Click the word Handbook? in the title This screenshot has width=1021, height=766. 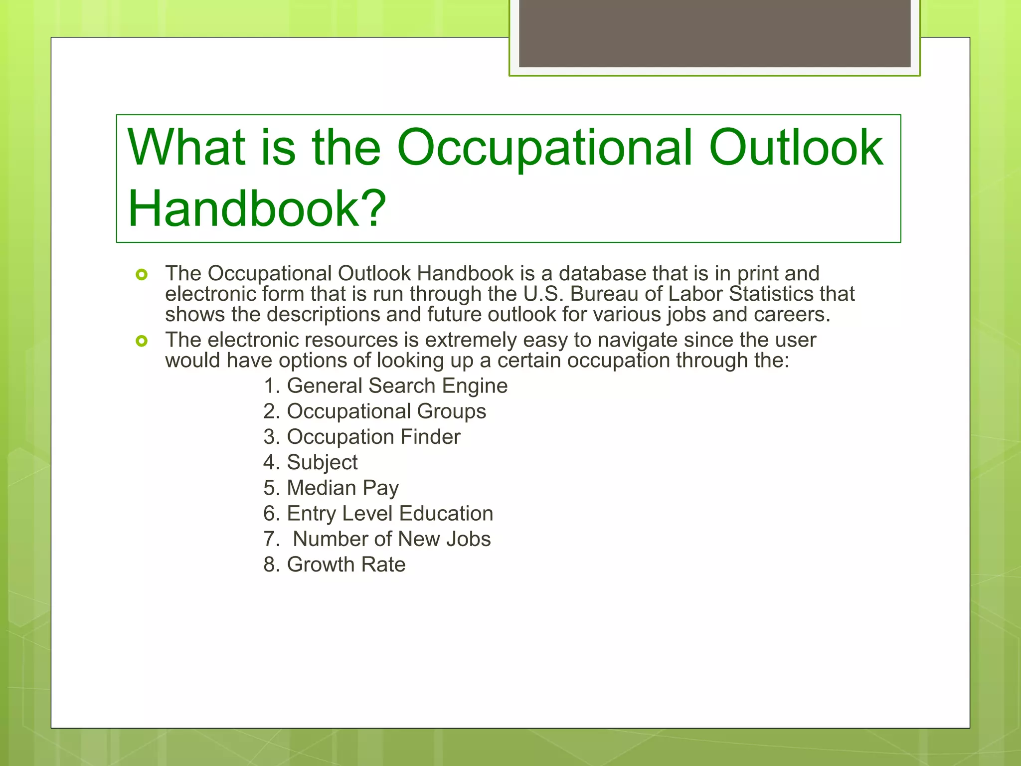coord(257,208)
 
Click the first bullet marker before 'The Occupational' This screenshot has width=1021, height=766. coord(142,275)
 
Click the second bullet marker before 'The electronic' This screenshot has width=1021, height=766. coord(142,341)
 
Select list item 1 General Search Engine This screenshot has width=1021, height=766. coord(385,386)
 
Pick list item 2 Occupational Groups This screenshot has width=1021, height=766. coord(374,411)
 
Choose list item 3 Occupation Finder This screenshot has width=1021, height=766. coord(362,437)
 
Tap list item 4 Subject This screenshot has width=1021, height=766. coord(310,462)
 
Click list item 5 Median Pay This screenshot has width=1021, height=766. coord(331,488)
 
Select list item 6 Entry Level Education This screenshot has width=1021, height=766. coord(378,514)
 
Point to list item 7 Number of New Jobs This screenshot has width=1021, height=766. coord(377,539)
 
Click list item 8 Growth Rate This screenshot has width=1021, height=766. coord(334,565)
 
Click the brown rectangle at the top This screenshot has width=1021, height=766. coord(714,33)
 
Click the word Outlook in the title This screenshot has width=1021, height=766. coord(796,148)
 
